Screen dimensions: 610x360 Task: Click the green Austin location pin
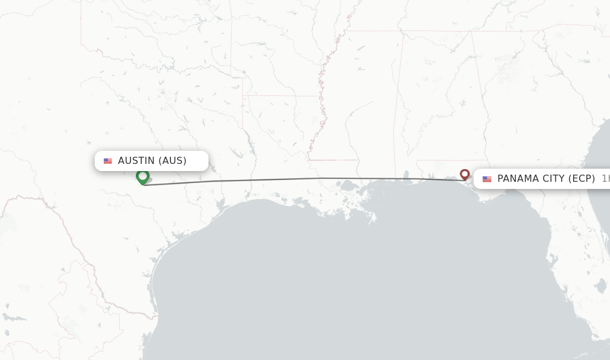tap(142, 176)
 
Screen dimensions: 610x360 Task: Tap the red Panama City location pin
tap(465, 174)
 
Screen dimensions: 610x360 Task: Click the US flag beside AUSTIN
tap(108, 161)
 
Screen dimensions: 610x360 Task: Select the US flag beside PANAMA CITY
tap(487, 179)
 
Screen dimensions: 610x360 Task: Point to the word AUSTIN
tap(136, 160)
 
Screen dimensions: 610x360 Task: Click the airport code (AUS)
tap(172, 160)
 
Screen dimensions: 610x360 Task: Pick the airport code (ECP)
tap(581, 179)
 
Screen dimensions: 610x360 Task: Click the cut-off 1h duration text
tap(605, 179)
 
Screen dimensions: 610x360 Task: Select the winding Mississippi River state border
tap(322, 107)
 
